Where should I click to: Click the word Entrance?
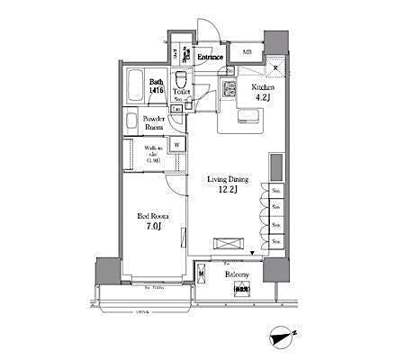[x=211, y=58]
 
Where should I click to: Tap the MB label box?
[x=246, y=52]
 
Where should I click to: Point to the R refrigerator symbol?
[x=274, y=68]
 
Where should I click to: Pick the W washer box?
[x=176, y=144]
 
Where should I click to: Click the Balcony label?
[x=237, y=272]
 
